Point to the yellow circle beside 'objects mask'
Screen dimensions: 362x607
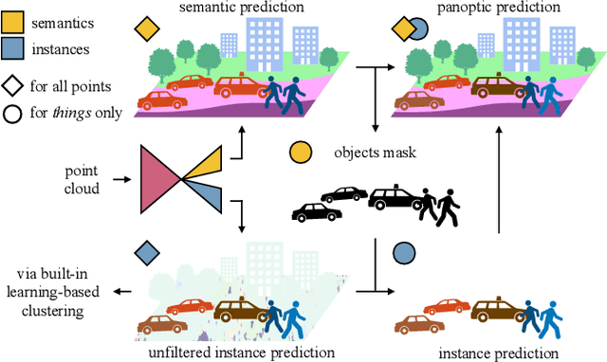click(x=300, y=152)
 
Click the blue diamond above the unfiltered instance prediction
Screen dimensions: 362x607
click(x=146, y=253)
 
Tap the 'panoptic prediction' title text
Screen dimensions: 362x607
click(x=485, y=8)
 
